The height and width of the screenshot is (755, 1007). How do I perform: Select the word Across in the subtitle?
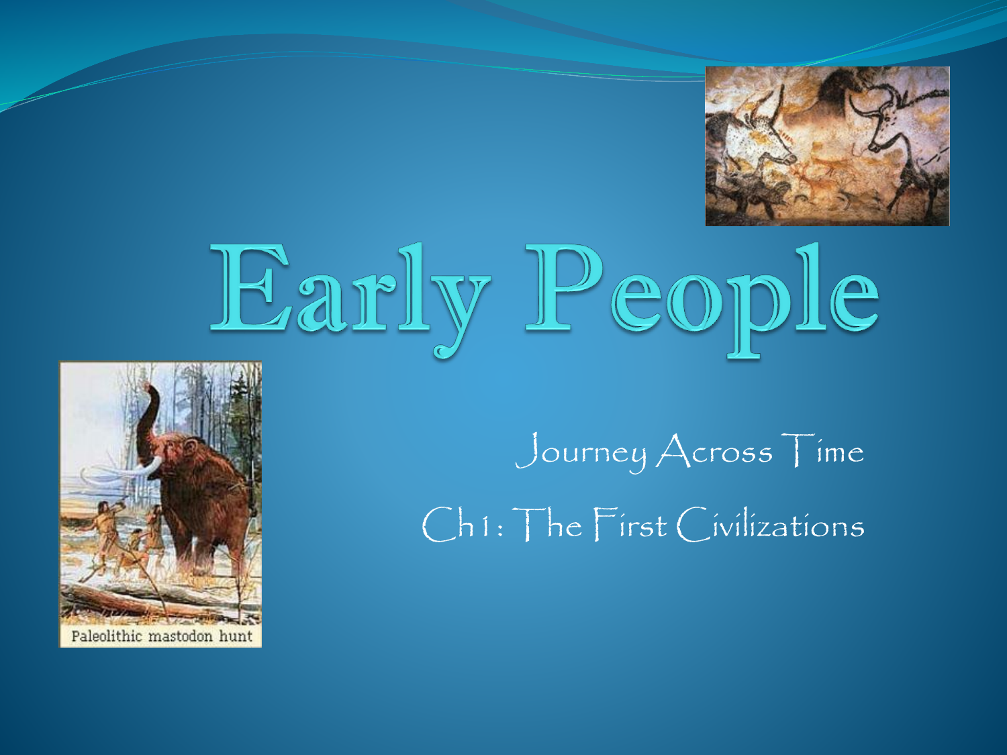(x=714, y=451)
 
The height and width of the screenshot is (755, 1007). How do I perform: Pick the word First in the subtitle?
(x=630, y=524)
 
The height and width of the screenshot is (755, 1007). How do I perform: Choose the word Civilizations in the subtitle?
(x=771, y=524)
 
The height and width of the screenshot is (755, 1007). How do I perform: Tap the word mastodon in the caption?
(x=181, y=637)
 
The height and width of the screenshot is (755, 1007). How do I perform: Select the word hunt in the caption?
(x=236, y=636)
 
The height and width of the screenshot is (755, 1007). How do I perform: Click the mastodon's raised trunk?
(x=148, y=421)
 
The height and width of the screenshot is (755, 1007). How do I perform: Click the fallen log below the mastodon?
(x=138, y=601)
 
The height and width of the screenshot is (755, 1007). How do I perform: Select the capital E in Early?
(x=250, y=287)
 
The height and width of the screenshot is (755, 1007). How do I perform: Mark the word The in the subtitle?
(x=550, y=524)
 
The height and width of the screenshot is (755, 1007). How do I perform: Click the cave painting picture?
(x=827, y=146)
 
